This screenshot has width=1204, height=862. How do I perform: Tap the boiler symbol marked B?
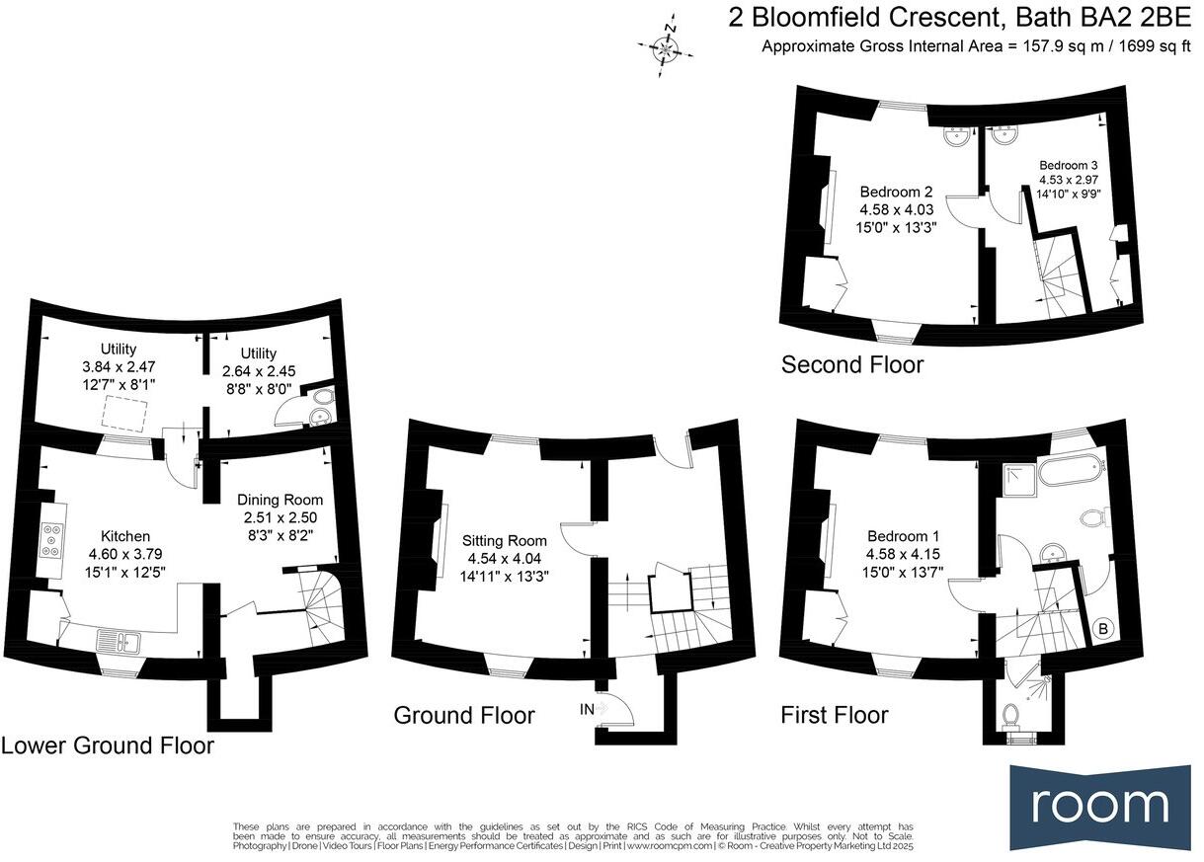[1102, 627]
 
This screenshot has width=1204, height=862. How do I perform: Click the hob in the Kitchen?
[50, 542]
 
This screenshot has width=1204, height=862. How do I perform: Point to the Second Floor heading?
[851, 364]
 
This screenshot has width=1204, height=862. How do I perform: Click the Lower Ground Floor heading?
[107, 744]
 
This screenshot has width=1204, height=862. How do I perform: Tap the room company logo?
[1099, 805]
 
